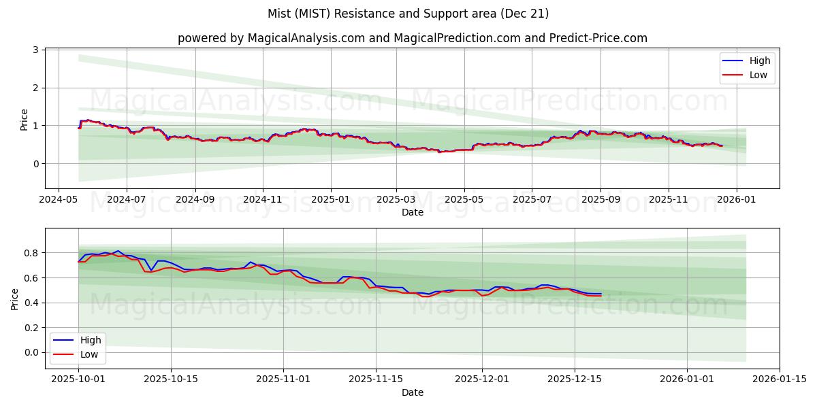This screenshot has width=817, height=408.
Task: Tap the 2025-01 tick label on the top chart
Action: [331, 200]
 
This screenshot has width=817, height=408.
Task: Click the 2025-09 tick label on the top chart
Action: [600, 200]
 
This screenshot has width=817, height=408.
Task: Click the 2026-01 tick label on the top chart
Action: [737, 200]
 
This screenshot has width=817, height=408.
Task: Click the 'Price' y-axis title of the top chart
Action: [25, 119]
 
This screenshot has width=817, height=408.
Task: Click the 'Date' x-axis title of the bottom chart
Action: [412, 392]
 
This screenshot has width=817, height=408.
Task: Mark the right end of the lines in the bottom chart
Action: [600, 294]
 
